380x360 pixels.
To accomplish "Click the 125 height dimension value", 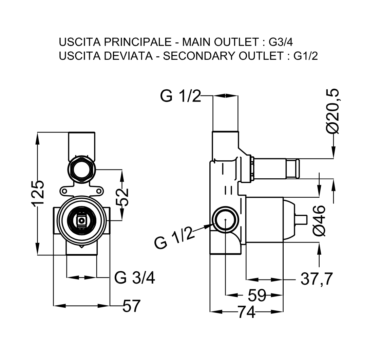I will [x=38, y=193].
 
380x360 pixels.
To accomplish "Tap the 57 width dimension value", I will [x=131, y=307].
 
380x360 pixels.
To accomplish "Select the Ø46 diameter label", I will [x=320, y=220].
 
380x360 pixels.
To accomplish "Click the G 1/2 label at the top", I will [x=180, y=96].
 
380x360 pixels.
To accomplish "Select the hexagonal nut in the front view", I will [x=82, y=170].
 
